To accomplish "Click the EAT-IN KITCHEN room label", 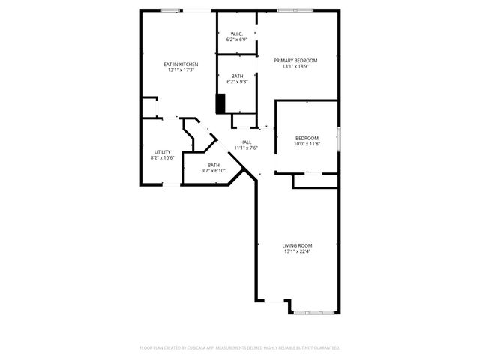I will (181, 64).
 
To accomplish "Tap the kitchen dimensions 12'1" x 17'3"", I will (181, 70).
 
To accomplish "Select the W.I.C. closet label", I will (236, 34).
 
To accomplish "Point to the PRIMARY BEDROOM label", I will (295, 60).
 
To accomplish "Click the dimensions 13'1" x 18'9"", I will (295, 66).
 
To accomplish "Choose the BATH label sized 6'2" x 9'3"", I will (237, 76).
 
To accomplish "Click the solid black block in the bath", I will (220, 103).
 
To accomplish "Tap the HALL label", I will (246, 142).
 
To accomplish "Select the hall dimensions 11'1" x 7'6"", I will (246, 148).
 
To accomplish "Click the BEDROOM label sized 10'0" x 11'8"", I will (307, 138).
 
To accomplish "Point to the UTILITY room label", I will (162, 152).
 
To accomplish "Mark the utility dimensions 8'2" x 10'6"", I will (162, 158).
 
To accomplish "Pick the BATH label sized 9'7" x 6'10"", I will (214, 165).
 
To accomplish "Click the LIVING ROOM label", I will (298, 245).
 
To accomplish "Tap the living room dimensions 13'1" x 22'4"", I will (298, 252).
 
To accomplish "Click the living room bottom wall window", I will (313, 310).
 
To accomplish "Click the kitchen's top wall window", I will (170, 10).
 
